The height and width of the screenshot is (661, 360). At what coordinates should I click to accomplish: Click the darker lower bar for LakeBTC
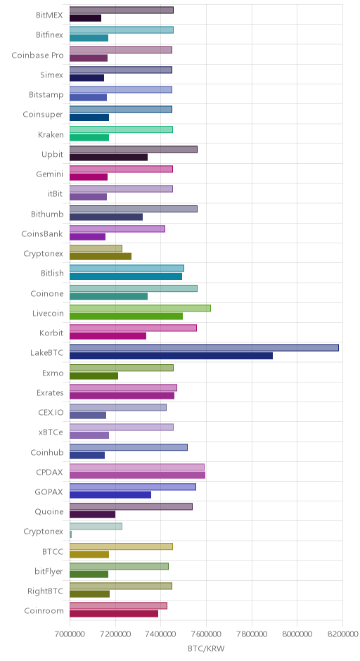[x=171, y=356]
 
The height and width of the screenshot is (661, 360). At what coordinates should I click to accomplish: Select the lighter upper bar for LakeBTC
[x=204, y=348]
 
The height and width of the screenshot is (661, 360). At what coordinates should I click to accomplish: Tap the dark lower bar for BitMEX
[x=85, y=18]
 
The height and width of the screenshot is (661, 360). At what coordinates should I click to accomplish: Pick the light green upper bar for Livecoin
[x=140, y=308]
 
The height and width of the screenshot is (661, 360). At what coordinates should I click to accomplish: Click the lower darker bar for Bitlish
[x=126, y=276]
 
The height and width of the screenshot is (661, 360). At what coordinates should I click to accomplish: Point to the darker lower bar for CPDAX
[x=137, y=475]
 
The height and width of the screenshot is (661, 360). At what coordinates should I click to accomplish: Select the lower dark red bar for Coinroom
[x=114, y=614]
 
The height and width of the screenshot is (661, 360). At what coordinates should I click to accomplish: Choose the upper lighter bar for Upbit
[x=134, y=149]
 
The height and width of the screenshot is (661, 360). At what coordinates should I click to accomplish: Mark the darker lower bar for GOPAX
[x=110, y=495]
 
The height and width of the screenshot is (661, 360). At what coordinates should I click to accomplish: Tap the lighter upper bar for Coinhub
[x=129, y=447]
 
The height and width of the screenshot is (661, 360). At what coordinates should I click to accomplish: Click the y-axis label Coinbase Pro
[x=37, y=56]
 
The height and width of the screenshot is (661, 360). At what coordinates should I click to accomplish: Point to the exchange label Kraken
[x=51, y=134]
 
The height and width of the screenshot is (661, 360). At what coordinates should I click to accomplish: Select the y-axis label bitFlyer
[x=49, y=571]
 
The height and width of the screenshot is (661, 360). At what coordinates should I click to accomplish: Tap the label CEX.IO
[x=51, y=412]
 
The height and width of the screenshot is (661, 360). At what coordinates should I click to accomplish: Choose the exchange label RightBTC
[x=45, y=591]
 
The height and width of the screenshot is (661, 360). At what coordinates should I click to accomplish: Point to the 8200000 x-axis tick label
[x=342, y=634]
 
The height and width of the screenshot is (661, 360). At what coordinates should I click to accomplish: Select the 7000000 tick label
[x=70, y=634]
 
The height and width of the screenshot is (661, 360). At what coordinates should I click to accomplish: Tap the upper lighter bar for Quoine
[x=131, y=507]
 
